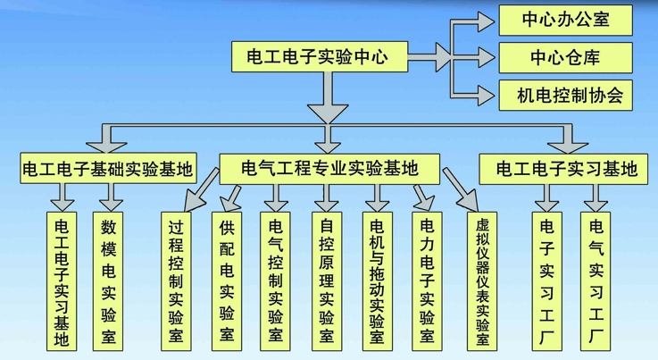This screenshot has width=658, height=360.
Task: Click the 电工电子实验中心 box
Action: (317, 57)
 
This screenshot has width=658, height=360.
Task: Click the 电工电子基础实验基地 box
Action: (106, 167)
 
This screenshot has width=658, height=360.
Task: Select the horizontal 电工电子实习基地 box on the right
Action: (566, 167)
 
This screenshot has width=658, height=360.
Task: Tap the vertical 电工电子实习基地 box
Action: (61, 279)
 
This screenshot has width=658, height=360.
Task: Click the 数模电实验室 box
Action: (108, 279)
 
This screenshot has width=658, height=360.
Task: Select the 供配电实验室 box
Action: (227, 279)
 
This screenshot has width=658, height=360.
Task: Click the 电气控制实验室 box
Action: (276, 279)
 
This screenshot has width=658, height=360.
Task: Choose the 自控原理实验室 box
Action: (327, 279)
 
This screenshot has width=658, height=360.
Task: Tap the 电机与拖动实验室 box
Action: (378, 279)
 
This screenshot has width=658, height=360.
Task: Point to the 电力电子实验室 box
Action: (428, 279)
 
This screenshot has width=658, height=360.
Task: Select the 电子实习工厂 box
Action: (547, 279)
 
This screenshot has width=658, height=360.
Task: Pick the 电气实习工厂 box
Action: (597, 279)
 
